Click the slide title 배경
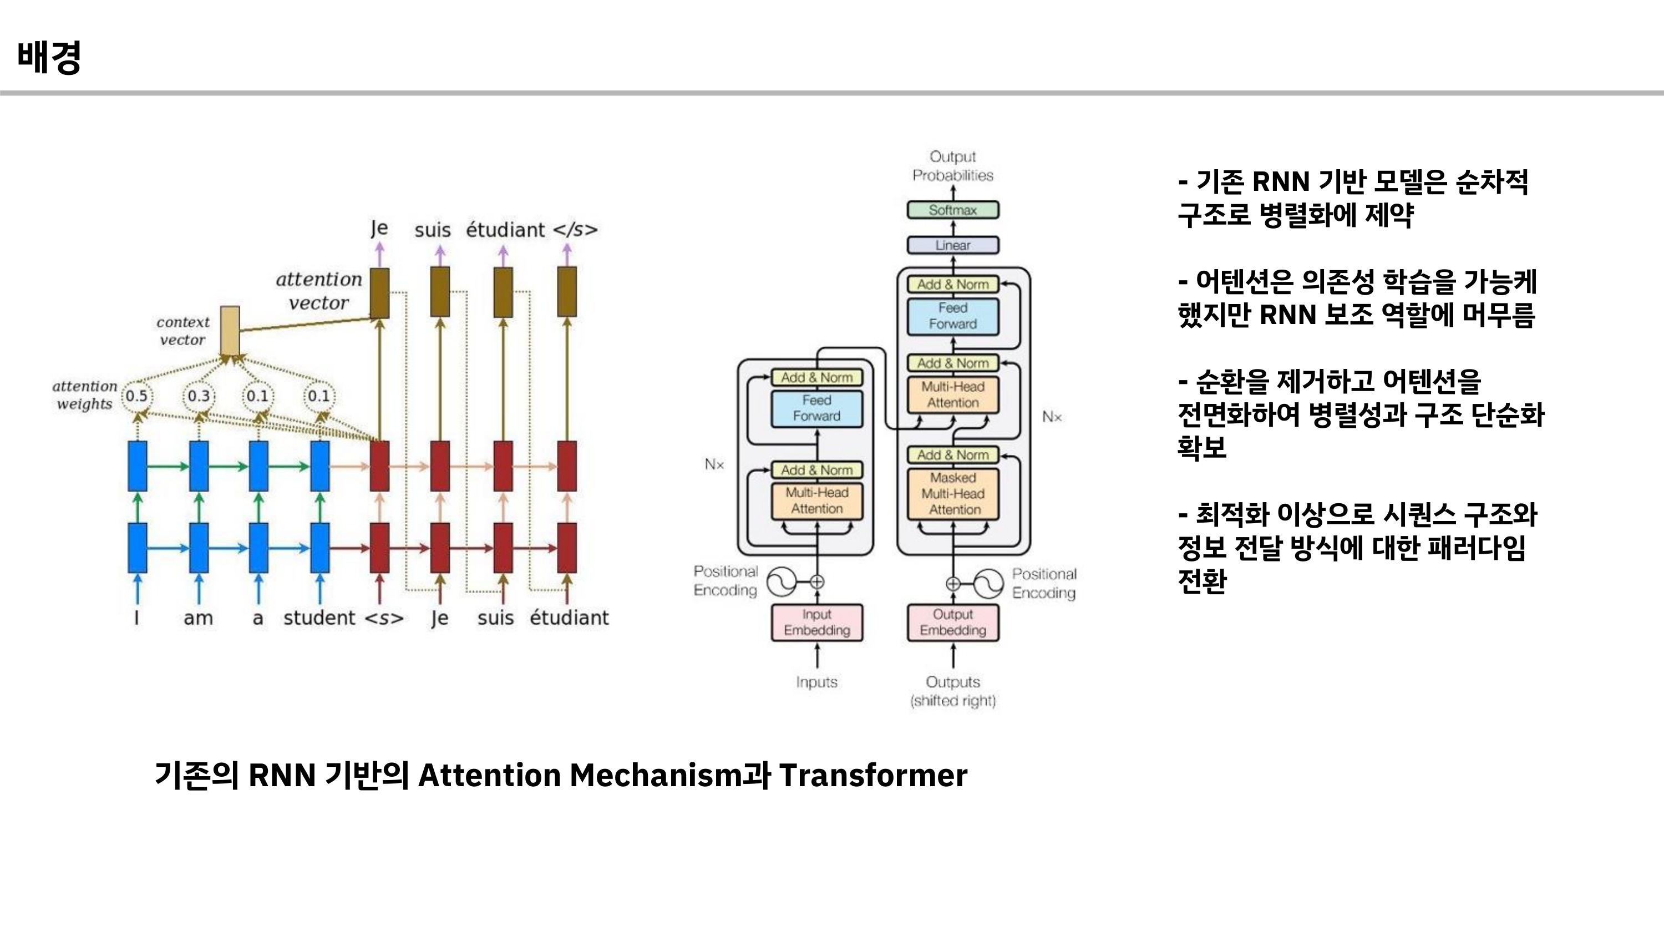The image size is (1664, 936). [x=49, y=58]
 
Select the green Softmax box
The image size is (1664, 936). [x=953, y=210]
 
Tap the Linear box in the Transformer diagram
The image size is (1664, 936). [x=953, y=245]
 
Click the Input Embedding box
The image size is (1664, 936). [x=816, y=622]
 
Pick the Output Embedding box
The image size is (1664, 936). [x=953, y=622]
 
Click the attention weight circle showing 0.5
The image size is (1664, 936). [x=137, y=396]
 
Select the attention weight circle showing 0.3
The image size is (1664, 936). [x=199, y=396]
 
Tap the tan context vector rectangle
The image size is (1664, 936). [x=230, y=331]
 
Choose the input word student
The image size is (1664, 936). [x=319, y=618]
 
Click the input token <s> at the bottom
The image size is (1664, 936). [x=384, y=618]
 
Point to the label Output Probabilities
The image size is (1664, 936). [x=953, y=166]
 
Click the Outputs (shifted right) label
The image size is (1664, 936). [x=953, y=691]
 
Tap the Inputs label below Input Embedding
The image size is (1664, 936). [x=816, y=682]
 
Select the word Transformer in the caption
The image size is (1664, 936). [x=872, y=775]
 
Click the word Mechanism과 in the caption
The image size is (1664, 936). [x=669, y=775]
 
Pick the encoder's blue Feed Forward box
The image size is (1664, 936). [x=816, y=408]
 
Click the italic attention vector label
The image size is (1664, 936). [x=319, y=291]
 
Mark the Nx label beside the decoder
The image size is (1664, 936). [x=1052, y=417]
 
